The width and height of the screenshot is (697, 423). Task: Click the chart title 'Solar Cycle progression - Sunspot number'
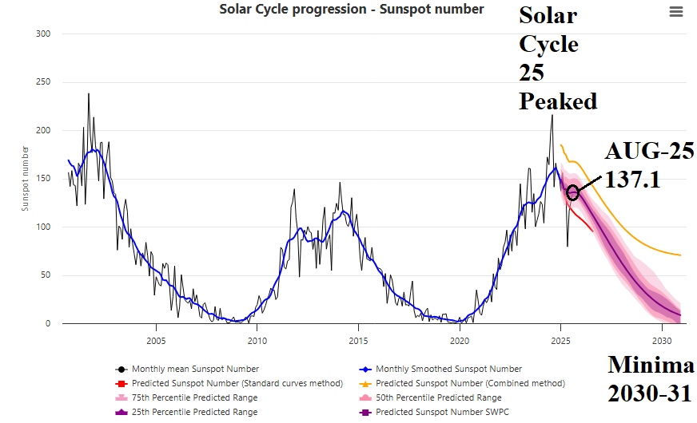coord(352,10)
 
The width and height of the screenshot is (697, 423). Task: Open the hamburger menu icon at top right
coord(676,12)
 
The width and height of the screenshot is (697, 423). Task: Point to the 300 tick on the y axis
coord(44,34)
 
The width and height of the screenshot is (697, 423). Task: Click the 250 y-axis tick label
coord(44,82)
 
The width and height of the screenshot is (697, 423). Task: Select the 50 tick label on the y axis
coord(46,275)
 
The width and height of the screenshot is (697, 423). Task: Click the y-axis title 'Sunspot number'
coord(25,178)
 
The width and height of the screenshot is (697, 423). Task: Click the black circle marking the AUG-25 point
coord(572,193)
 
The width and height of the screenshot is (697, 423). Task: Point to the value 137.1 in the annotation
coord(632,180)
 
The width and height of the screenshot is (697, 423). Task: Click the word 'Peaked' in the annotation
coord(557,101)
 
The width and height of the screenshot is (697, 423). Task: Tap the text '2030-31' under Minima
coord(650,392)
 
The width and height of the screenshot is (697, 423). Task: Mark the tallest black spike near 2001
coord(88,94)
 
